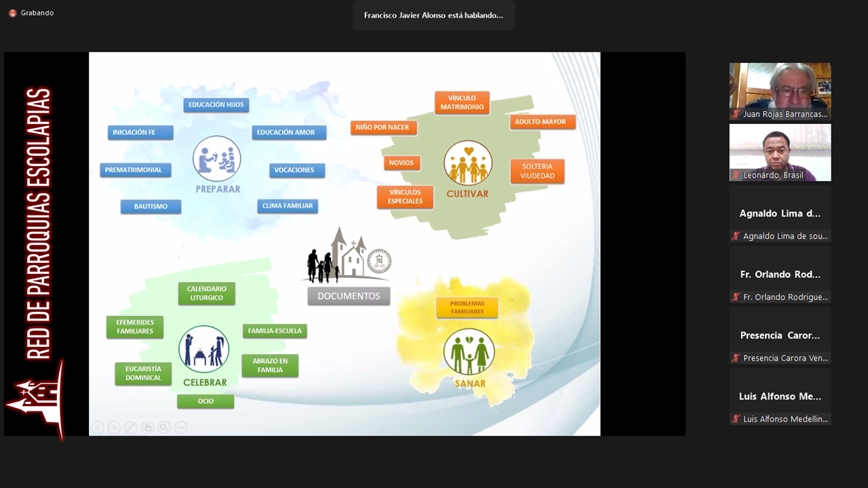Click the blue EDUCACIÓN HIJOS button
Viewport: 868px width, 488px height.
pos(216,105)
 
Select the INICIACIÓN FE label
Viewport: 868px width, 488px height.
pos(140,132)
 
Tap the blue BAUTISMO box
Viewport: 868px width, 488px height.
pos(151,207)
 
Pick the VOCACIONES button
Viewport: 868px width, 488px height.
pos(297,170)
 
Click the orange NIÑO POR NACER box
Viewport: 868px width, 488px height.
pos(384,127)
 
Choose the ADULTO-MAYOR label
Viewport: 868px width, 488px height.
pos(542,122)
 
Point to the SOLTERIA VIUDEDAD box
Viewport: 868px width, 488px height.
pos(537,171)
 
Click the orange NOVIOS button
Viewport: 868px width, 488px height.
pos(402,163)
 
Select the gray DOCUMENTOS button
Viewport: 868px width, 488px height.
pos(349,296)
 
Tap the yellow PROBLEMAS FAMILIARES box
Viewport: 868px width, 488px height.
pos(467,308)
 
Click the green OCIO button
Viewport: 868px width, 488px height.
pos(205,401)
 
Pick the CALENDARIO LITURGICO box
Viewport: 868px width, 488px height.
pos(207,293)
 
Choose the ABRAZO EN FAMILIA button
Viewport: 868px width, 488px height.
pos(270,365)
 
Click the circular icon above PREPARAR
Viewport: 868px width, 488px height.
pos(216,159)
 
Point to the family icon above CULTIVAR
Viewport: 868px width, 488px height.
pos(468,163)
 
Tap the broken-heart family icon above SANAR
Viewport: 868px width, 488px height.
pos(469,352)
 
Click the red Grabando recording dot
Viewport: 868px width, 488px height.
pos(12,13)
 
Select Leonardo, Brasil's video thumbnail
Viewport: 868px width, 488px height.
pos(780,152)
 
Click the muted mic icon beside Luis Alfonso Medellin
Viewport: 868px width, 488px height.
pos(736,419)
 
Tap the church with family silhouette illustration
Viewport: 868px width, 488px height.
pos(346,256)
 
